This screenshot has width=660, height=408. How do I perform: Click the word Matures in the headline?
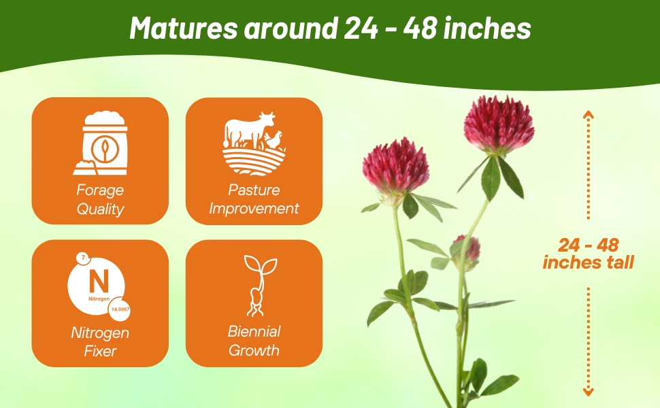coord(178,29)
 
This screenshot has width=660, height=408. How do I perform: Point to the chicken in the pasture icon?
coord(273,139)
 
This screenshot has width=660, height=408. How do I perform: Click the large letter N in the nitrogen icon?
coord(99,282)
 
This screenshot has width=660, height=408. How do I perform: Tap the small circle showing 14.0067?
coord(119,309)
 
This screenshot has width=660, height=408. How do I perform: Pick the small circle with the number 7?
coord(83,258)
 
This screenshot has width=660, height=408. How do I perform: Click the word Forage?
coord(100,190)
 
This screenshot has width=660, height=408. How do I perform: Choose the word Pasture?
coord(254,190)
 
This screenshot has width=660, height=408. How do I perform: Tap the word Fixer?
coord(100,351)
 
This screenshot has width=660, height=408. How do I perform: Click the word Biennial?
coord(254,332)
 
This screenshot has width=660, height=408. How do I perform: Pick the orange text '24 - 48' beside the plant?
coord(589,245)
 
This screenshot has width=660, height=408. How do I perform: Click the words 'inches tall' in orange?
coord(589,262)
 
